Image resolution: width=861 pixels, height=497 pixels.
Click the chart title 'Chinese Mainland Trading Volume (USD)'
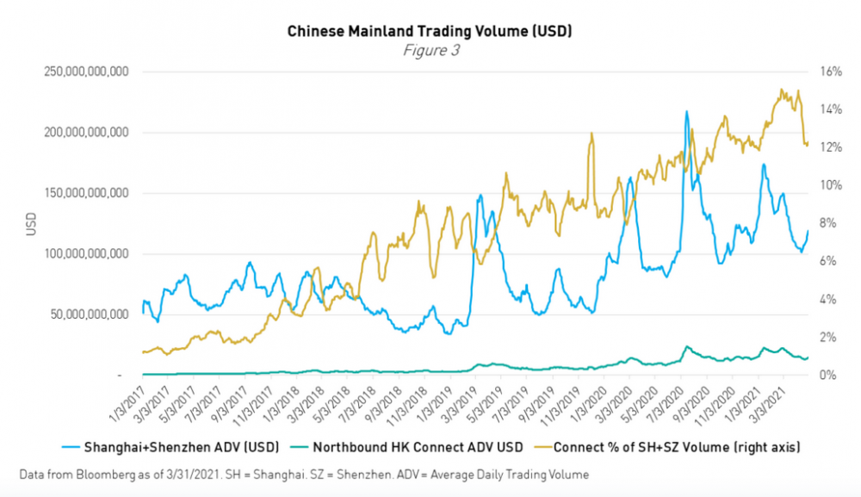tap(430, 31)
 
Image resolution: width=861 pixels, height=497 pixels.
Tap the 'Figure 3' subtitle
tap(431, 50)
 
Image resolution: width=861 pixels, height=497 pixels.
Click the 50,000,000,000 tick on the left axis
tap(90, 314)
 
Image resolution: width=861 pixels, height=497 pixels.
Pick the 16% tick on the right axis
tap(826, 71)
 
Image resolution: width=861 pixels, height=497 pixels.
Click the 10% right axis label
tap(826, 185)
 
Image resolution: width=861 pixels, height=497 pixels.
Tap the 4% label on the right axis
tap(823, 299)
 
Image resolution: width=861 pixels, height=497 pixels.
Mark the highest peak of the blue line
tap(686, 111)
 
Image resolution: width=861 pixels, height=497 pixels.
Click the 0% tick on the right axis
tap(823, 375)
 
